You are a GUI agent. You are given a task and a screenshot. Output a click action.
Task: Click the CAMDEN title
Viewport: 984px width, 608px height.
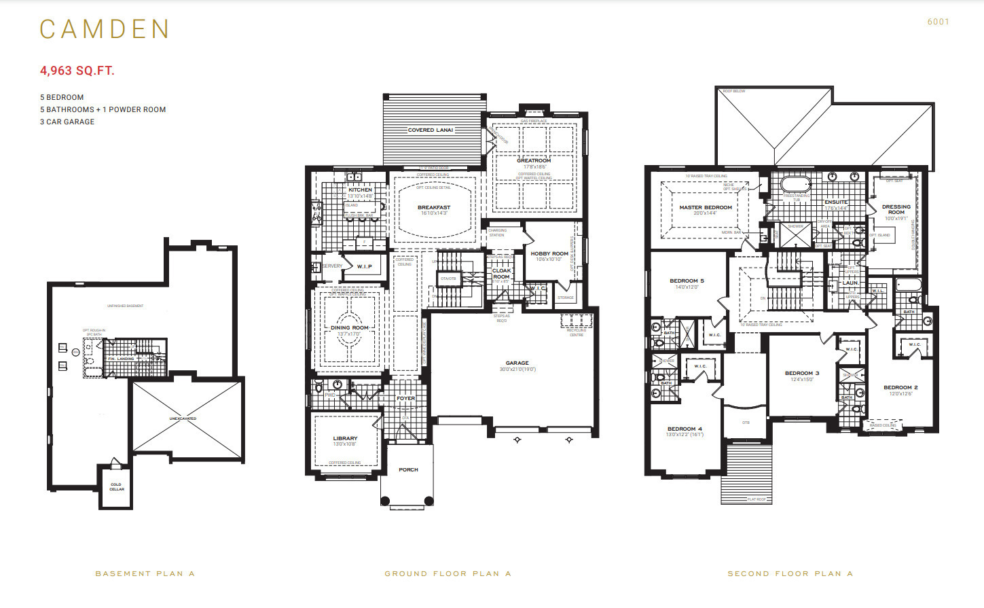[104, 29]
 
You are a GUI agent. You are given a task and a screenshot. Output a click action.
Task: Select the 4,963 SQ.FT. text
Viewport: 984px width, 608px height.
[77, 71]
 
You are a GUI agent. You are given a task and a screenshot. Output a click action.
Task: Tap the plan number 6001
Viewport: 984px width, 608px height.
[938, 22]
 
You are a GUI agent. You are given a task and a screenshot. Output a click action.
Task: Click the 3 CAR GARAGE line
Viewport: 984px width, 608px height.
[67, 122]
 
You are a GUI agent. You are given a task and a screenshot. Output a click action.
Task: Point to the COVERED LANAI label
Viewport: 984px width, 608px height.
[430, 130]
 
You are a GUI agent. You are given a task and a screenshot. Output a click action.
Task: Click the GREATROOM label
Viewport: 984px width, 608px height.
[534, 161]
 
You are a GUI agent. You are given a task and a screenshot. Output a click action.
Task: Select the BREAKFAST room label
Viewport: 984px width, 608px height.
[434, 207]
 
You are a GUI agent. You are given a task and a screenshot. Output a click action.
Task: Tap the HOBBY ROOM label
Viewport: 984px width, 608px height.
[549, 253]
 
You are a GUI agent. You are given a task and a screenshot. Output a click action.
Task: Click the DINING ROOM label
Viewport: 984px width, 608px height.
[350, 327]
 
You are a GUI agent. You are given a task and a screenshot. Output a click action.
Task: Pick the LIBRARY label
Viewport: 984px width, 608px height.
[345, 438]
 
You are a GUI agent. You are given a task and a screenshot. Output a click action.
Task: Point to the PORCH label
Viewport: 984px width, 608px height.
[408, 469]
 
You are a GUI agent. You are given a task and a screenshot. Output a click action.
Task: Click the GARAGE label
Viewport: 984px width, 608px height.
[517, 363]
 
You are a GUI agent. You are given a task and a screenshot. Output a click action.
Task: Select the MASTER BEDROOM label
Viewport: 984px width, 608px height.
[706, 207]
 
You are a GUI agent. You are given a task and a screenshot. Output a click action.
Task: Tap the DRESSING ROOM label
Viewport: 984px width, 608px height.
[896, 209]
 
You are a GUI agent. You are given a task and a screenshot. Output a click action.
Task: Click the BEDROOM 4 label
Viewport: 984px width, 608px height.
[685, 429]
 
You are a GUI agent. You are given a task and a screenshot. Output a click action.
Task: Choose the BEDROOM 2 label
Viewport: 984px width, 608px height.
[900, 387]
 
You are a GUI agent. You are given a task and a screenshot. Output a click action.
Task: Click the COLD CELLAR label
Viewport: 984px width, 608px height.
[117, 486]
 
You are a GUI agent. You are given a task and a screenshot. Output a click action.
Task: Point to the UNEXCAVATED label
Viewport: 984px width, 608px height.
[183, 418]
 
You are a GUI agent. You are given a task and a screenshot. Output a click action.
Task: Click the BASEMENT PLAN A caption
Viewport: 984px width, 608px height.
[145, 573]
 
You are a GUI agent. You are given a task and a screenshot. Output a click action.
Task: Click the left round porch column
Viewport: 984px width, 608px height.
[385, 501]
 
